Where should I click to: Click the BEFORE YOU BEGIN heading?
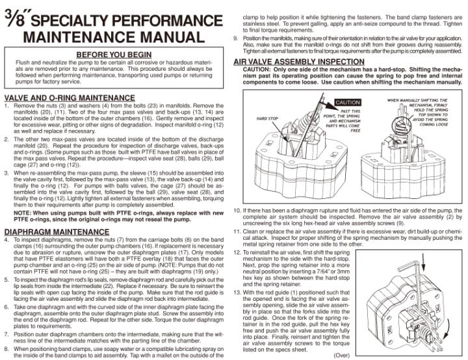(x=114, y=54)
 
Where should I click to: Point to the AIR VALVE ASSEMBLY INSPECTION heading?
(x=298, y=61)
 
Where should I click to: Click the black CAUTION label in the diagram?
(x=347, y=103)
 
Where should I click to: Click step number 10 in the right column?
(x=237, y=212)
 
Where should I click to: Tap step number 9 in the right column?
(x=236, y=37)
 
